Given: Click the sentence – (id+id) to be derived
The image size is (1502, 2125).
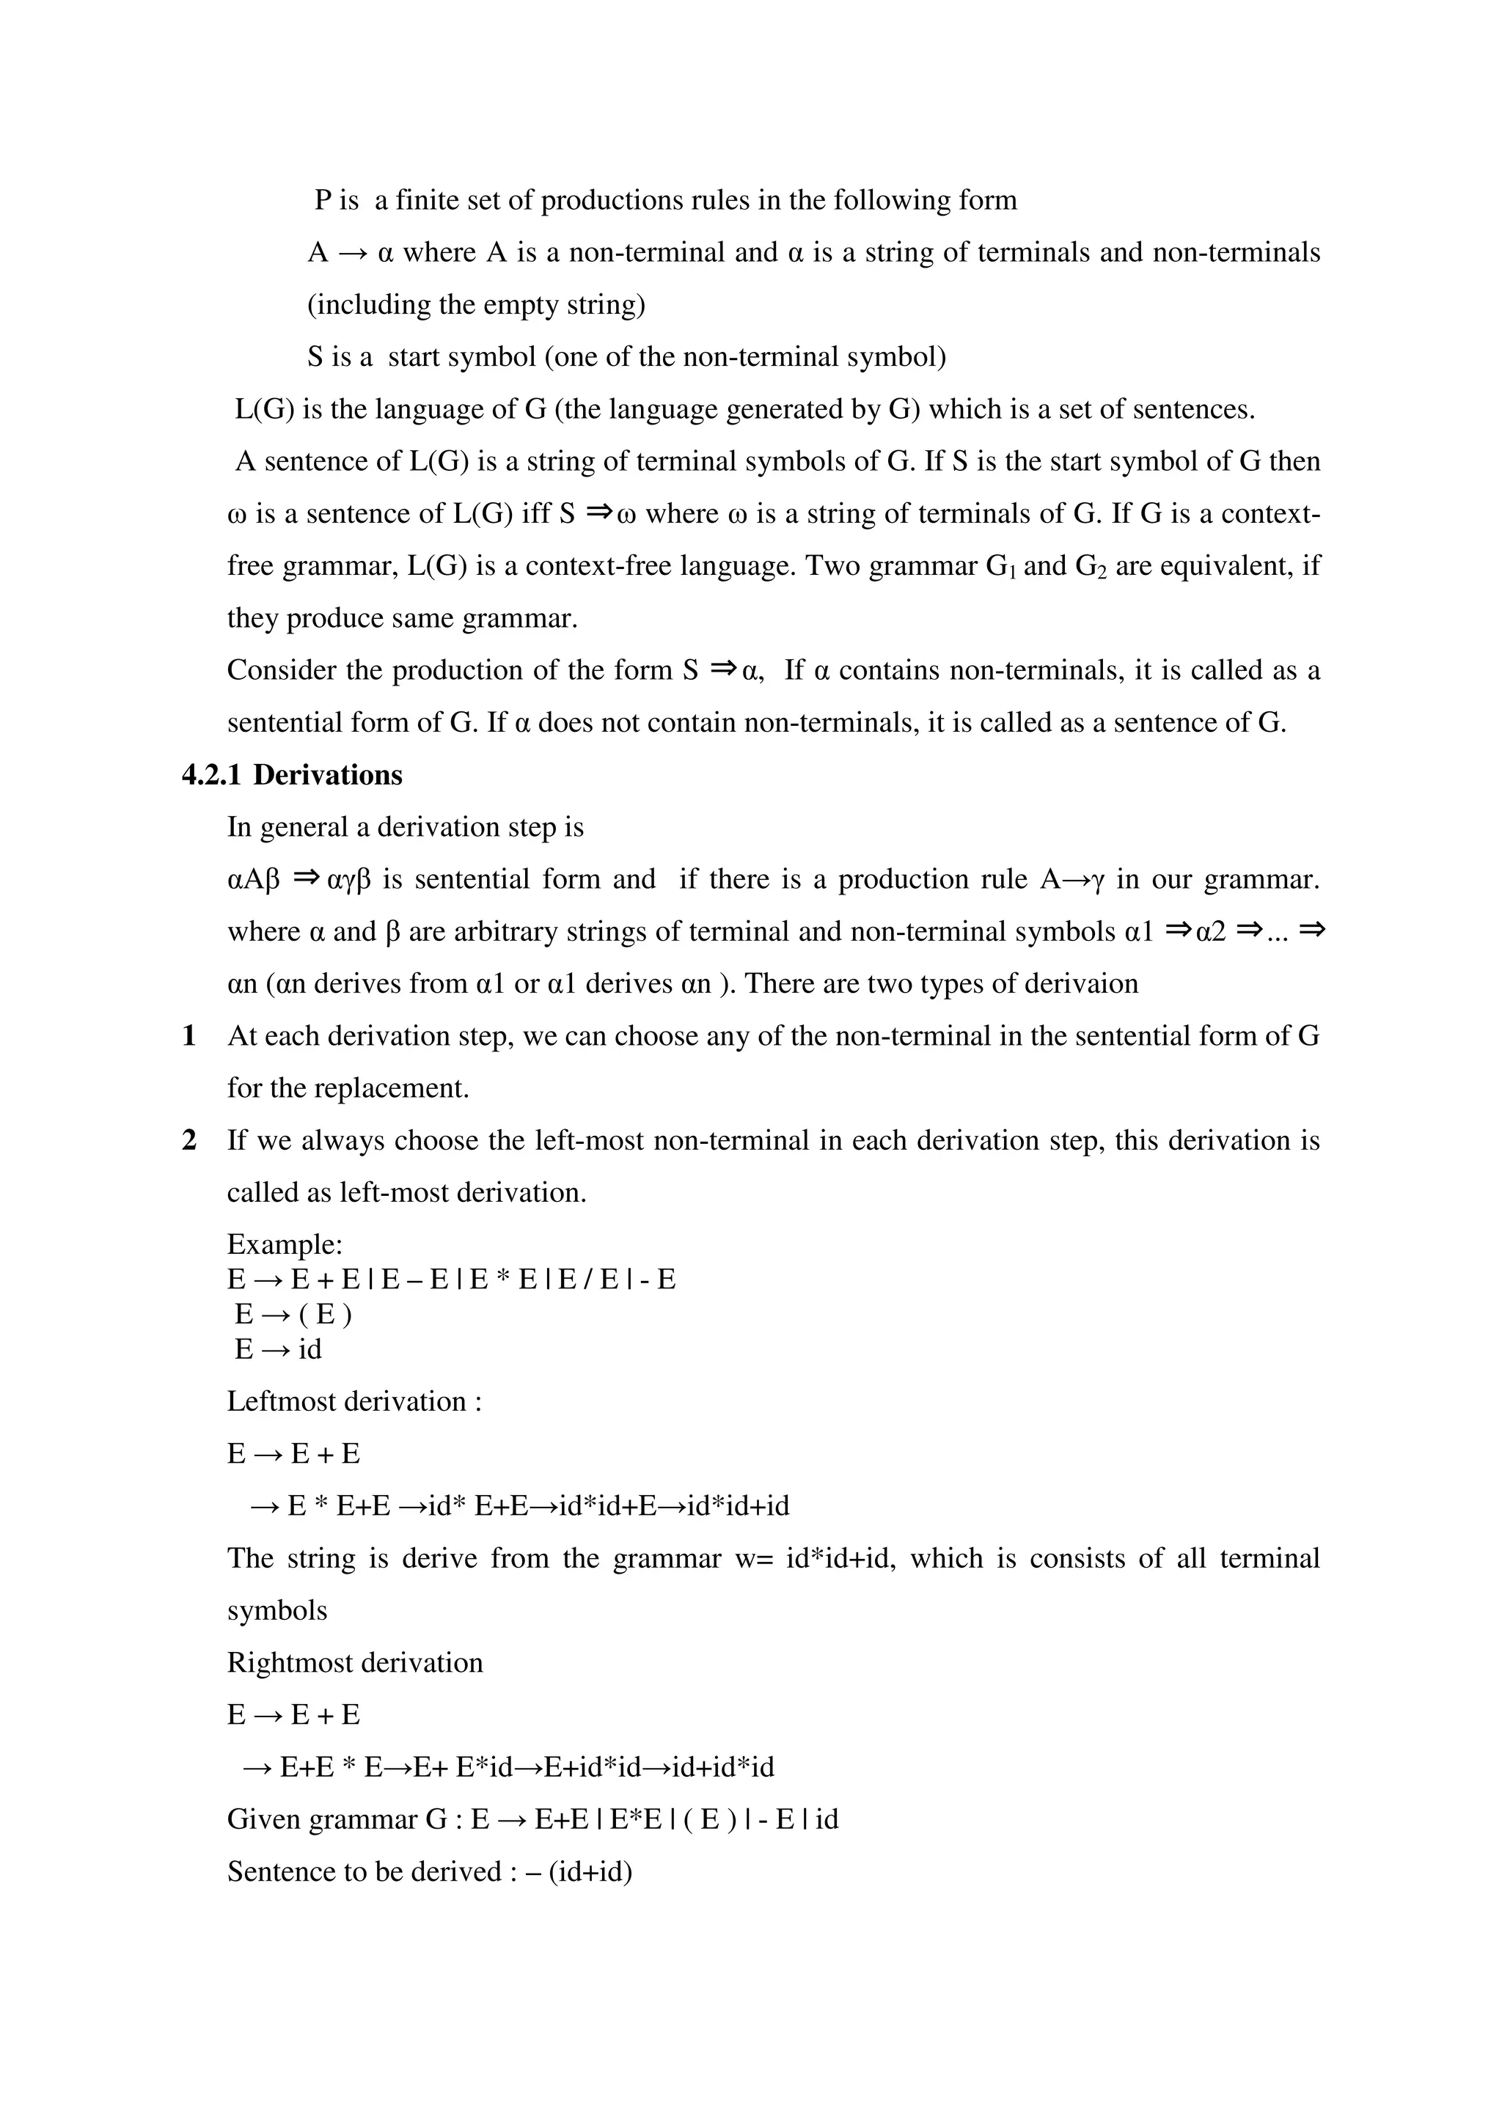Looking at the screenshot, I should coord(580,1871).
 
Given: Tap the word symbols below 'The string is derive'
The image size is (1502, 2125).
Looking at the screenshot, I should coord(278,1610).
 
